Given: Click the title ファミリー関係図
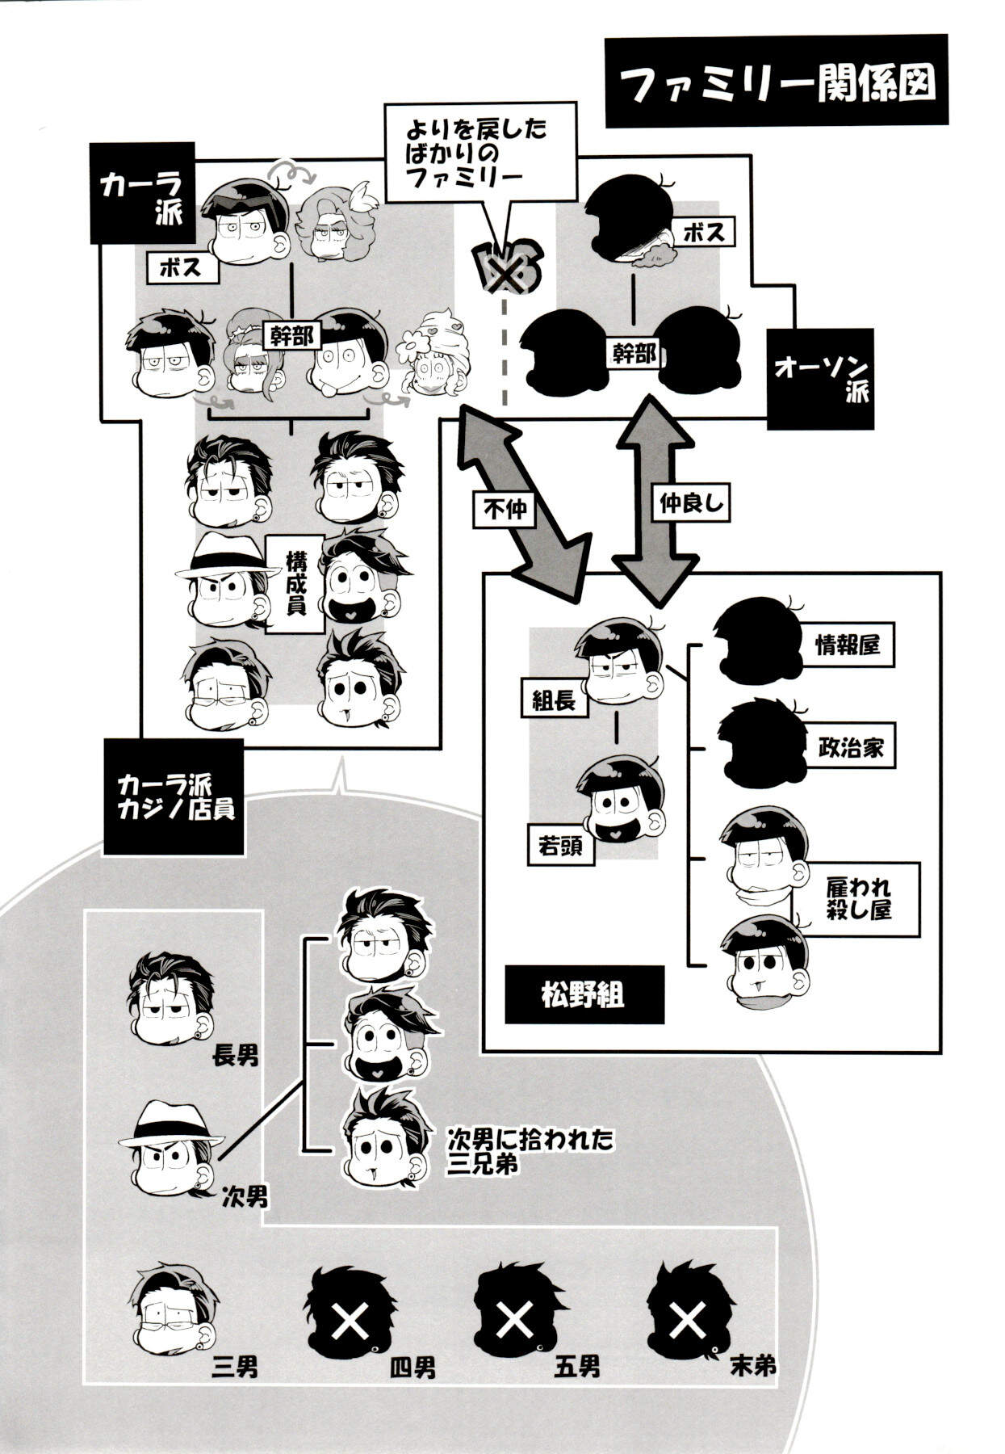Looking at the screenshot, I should [776, 82].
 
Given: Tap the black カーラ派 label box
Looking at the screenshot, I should [142, 193].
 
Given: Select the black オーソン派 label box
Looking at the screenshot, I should [821, 379].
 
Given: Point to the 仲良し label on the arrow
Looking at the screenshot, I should [689, 504].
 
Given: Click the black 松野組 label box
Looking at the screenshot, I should [584, 994].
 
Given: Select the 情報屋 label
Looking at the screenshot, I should [847, 645].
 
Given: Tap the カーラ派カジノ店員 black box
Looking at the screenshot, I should [174, 796].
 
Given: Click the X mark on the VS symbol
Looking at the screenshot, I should [505, 275].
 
